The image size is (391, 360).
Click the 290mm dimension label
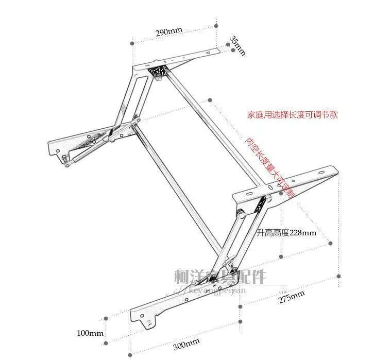click(169, 32)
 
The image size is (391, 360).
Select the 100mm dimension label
click(90, 333)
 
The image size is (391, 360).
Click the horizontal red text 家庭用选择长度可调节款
click(292, 115)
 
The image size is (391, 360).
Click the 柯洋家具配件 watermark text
click(222, 278)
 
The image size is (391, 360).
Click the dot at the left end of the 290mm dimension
click(132, 44)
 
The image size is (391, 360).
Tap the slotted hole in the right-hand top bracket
click(249, 193)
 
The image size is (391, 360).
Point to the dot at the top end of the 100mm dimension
click(105, 319)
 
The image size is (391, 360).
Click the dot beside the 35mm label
click(228, 44)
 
